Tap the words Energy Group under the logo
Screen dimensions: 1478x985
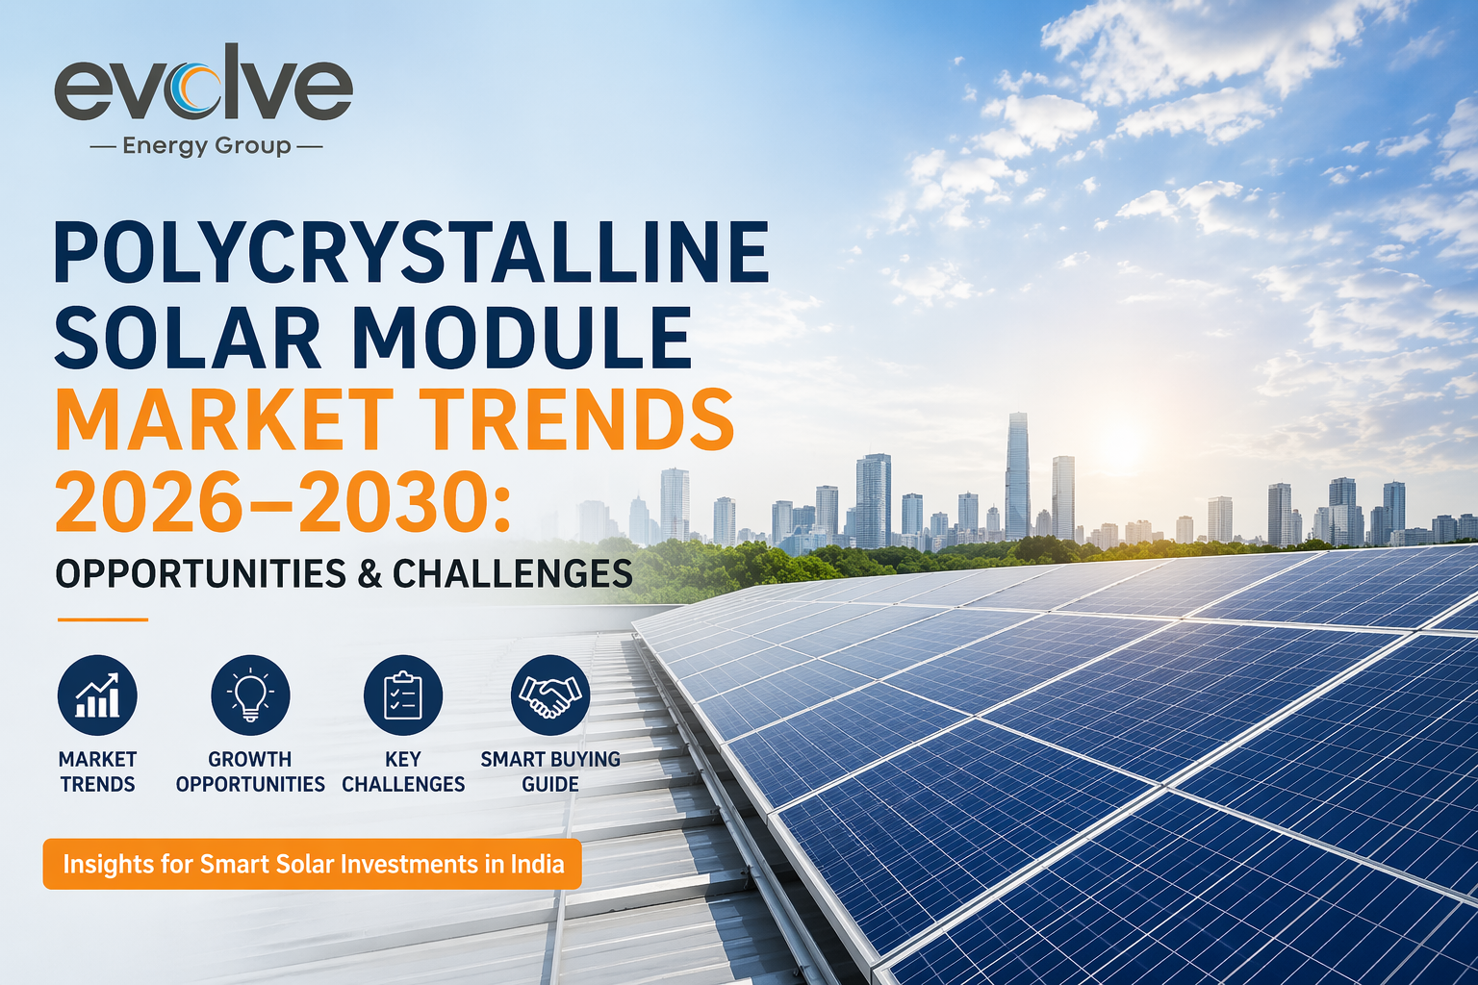tap(207, 146)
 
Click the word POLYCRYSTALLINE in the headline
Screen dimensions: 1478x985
tap(412, 253)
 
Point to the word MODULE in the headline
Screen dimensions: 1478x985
tap(522, 337)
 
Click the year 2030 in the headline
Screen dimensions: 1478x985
tap(394, 503)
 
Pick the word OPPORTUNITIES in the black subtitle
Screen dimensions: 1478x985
tap(200, 573)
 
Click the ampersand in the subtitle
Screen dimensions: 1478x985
tap(370, 573)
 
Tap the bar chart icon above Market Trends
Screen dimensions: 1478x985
tap(97, 695)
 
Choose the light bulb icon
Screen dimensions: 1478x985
tap(250, 695)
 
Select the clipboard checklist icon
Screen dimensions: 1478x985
tap(403, 695)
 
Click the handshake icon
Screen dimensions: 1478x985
tap(550, 695)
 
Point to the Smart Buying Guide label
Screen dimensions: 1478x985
tap(550, 771)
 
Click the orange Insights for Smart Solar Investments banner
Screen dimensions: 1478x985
tap(312, 864)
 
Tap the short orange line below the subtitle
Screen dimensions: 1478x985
tap(102, 619)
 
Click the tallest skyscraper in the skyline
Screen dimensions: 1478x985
tap(1017, 475)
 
